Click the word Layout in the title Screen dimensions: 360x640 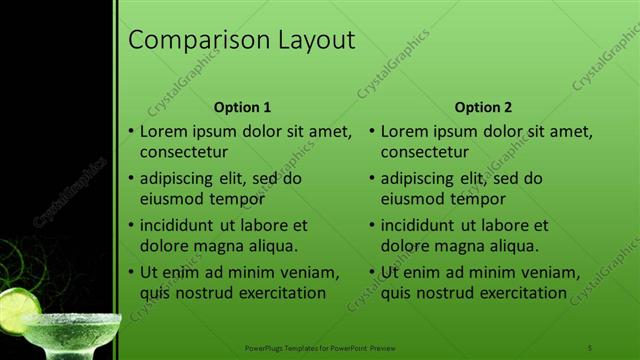click(x=315, y=41)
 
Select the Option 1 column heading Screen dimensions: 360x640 click(x=242, y=107)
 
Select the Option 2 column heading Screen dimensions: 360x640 click(x=483, y=107)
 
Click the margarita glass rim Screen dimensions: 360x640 click(x=70, y=320)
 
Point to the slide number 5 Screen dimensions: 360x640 click(x=590, y=347)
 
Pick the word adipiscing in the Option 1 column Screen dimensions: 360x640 click(x=180, y=179)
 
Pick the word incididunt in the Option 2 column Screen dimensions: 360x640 click(x=424, y=225)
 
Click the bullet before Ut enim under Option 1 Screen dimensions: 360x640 click(x=131, y=273)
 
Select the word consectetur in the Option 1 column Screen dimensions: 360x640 click(x=184, y=152)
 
